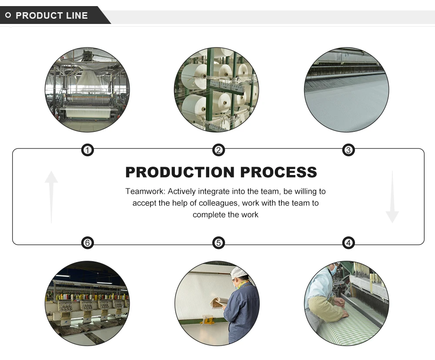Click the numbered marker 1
point(87,151)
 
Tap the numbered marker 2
point(218,151)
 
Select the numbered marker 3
point(348,151)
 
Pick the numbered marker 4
point(348,242)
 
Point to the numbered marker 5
point(218,242)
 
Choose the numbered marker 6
point(87,242)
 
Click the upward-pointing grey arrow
point(51,196)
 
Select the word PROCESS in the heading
point(279,172)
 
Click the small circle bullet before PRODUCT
point(8,16)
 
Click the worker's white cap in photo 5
point(238,273)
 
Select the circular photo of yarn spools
point(216,89)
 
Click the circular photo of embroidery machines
point(87,303)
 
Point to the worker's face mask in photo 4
point(334,270)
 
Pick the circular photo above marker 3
point(346,89)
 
